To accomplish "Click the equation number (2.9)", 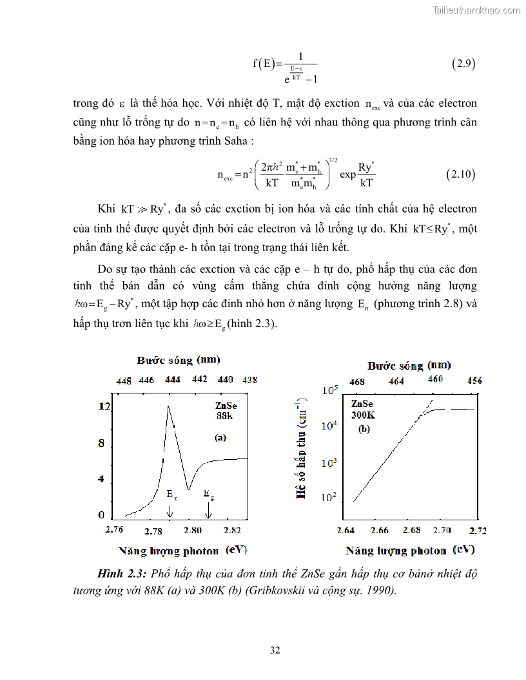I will point(464,64).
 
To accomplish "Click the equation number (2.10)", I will point(461,175).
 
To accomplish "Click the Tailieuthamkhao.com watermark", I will point(475,10).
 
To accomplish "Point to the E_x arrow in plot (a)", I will point(170,511).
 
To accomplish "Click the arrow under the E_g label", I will point(208,511).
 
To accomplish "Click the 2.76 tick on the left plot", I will point(114,529).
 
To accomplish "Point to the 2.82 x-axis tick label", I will point(232,531).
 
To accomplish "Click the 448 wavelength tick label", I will point(124,380).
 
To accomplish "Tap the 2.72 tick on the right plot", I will point(478,531).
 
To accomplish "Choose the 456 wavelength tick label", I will point(474,381).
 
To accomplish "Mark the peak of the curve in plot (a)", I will point(168,406).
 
